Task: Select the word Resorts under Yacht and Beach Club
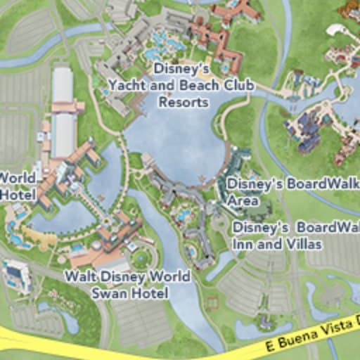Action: (184, 101)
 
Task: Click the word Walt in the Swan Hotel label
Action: (80, 276)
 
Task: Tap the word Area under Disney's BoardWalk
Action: (242, 200)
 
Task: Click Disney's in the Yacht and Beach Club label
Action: (181, 69)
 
